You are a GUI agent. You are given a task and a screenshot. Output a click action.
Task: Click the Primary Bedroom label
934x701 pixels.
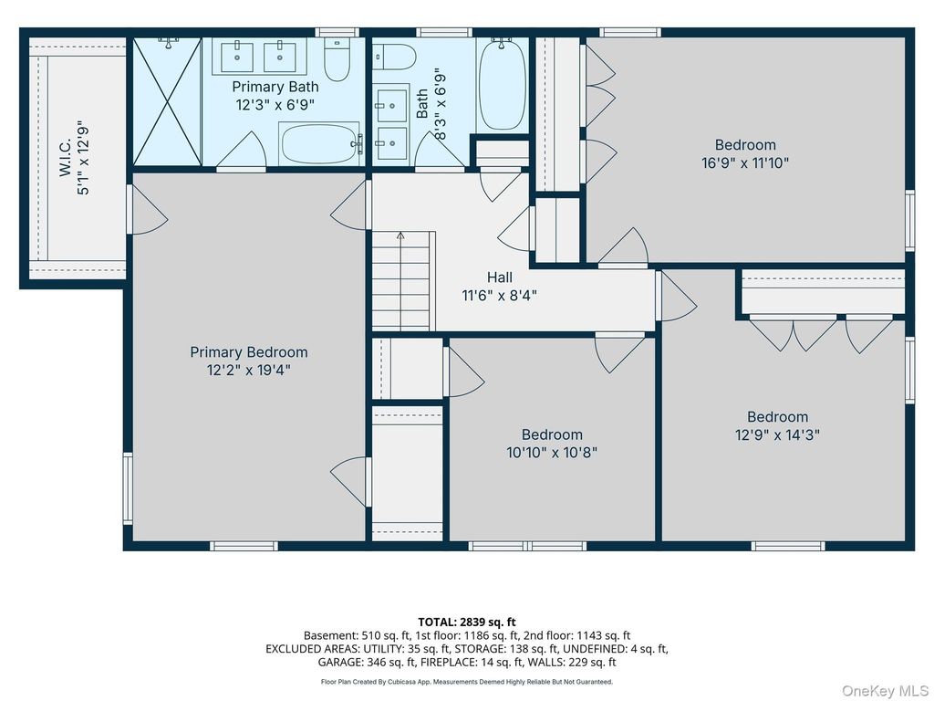249,352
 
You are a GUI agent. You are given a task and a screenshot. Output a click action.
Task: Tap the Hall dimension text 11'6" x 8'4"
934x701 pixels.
499,295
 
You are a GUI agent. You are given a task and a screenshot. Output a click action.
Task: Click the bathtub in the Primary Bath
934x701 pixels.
320,143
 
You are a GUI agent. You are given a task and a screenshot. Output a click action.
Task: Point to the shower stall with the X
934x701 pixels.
167,101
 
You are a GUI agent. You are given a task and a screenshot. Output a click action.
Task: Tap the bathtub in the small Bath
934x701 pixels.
503,83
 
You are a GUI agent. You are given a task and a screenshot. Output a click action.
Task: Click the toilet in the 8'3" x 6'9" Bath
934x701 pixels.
394,58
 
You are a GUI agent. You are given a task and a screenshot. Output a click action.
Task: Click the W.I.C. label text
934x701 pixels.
65,158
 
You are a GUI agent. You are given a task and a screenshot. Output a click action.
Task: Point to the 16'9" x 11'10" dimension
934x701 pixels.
745,162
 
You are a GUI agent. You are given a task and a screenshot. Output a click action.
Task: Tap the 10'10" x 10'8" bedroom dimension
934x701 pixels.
552,453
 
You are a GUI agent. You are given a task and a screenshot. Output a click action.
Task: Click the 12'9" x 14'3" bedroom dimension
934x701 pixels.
777,434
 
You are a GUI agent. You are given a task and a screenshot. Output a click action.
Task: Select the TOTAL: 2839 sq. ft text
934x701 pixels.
467,623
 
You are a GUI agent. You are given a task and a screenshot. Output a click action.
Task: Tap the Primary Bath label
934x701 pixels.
275,87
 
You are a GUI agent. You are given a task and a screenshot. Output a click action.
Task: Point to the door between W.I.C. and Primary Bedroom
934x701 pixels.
147,209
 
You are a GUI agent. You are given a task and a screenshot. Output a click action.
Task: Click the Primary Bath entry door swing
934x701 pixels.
241,151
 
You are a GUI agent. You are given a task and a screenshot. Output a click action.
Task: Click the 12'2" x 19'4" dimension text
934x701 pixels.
249,371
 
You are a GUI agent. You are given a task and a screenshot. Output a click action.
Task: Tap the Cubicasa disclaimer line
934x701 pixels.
467,681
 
